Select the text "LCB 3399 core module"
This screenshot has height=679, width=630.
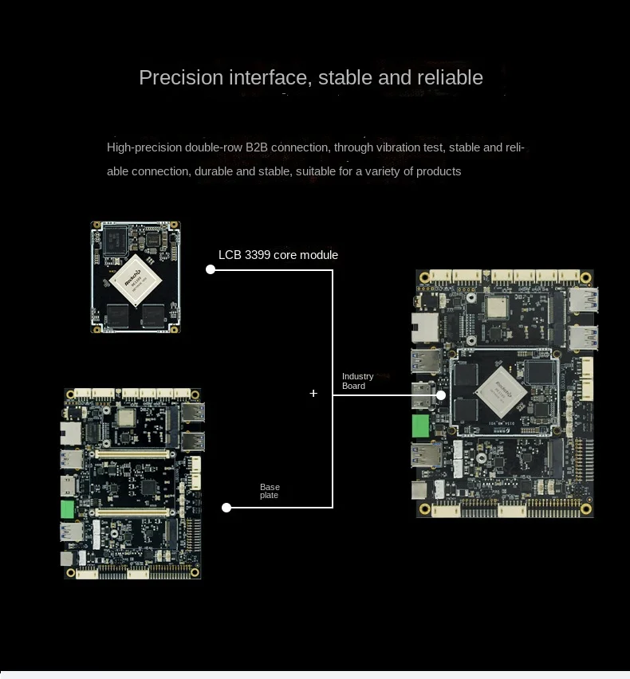[278, 255]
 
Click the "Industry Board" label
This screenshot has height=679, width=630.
[357, 381]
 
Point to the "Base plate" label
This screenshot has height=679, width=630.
[270, 491]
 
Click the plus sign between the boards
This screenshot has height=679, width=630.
[313, 393]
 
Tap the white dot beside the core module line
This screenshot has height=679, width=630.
[211, 269]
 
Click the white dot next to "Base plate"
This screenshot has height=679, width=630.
[226, 507]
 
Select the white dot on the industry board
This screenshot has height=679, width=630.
[440, 394]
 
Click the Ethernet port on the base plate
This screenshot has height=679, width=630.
[69, 433]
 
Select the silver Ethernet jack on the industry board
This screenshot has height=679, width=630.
[419, 324]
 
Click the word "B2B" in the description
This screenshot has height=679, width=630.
[258, 147]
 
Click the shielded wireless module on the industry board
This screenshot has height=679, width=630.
[498, 308]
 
